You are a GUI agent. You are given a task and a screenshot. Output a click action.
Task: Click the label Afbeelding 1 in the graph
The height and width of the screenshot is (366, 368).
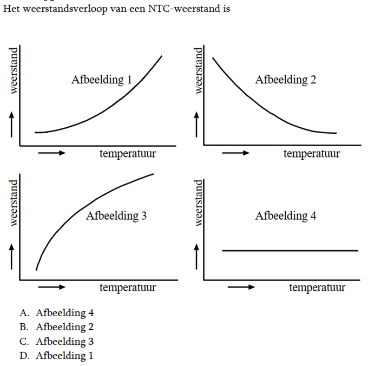[102, 80]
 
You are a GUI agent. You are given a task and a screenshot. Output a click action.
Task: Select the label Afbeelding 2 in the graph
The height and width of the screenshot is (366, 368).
[286, 80]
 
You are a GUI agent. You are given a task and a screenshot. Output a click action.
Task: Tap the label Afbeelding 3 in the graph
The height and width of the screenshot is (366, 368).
[116, 216]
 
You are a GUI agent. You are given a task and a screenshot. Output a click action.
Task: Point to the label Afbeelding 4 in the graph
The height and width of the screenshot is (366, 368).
[286, 216]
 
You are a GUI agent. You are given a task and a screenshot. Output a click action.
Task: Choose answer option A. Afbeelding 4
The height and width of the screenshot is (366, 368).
[57, 312]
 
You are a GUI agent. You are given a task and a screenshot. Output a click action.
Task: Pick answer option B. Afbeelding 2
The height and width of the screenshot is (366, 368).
[57, 327]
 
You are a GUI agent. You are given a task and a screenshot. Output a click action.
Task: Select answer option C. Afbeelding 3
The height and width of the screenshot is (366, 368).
[57, 342]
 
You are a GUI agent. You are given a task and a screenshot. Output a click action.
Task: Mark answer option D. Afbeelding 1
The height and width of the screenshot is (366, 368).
[57, 356]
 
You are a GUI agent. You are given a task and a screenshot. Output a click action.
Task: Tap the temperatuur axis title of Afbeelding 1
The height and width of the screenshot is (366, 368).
[128, 153]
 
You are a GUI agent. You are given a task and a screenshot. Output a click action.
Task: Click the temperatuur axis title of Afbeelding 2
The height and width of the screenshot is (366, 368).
[312, 153]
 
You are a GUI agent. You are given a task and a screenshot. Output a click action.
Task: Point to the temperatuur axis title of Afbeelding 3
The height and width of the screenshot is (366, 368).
[128, 287]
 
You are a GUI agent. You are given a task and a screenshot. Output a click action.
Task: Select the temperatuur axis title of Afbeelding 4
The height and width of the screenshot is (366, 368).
[317, 287]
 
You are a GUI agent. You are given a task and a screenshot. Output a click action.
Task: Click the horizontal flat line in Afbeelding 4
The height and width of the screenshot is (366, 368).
[290, 251]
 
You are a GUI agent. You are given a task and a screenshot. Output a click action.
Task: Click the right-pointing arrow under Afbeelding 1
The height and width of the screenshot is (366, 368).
[52, 153]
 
